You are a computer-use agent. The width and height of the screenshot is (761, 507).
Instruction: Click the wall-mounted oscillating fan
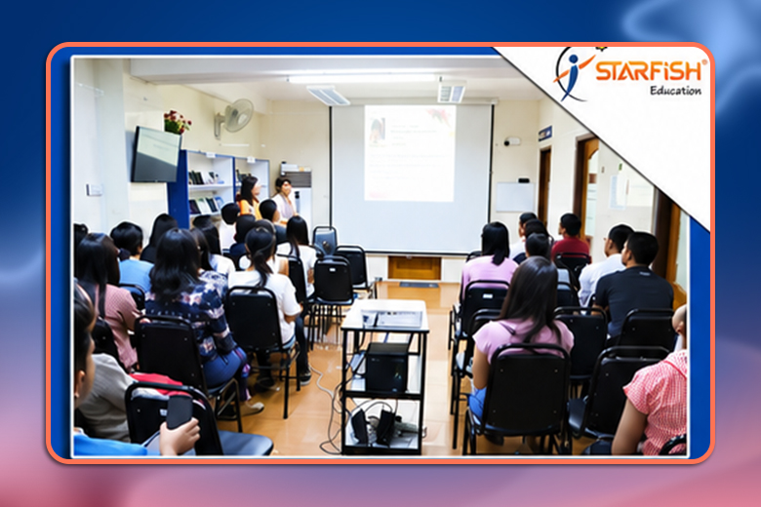click(235, 117)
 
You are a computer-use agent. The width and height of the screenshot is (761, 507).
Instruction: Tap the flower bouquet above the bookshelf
click(177, 122)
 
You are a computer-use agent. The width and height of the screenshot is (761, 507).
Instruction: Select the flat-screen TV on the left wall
click(155, 155)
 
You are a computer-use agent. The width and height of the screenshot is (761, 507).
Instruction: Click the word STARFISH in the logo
click(649, 71)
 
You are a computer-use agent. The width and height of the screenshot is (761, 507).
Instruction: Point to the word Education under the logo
click(675, 91)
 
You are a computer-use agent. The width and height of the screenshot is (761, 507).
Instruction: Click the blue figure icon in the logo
click(572, 75)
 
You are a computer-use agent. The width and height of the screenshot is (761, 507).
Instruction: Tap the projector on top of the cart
click(392, 317)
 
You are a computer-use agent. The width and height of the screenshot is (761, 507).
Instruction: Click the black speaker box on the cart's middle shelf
click(386, 368)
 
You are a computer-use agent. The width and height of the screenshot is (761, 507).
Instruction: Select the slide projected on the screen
click(410, 153)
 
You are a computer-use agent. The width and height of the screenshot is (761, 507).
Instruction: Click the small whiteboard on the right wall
click(515, 197)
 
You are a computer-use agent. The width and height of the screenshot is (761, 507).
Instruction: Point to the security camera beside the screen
click(511, 141)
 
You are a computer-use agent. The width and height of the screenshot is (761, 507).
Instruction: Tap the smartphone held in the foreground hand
click(180, 411)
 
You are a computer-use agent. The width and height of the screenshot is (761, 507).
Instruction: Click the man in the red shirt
click(571, 239)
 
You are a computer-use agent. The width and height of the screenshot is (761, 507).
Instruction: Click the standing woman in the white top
click(284, 200)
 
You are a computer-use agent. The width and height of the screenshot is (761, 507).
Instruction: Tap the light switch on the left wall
click(95, 189)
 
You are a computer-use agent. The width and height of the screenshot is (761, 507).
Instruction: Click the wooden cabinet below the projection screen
click(414, 268)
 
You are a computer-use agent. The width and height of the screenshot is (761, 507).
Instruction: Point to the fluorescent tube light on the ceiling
click(363, 79)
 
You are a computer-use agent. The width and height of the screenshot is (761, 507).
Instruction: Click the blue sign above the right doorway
click(545, 134)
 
